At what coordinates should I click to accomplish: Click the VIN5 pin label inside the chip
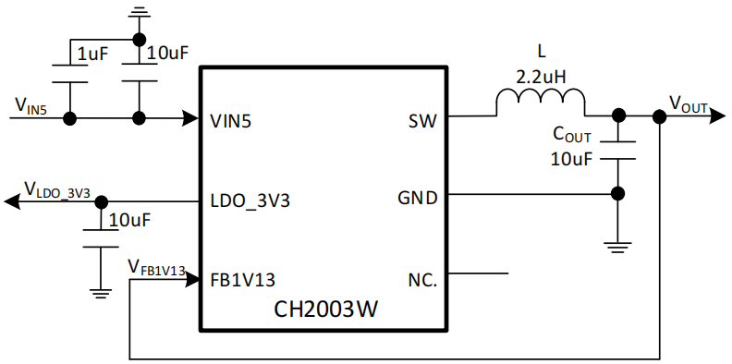[231, 121]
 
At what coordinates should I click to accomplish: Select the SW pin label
[422, 121]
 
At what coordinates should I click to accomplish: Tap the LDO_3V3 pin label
[250, 201]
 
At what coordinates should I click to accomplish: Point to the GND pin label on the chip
[418, 199]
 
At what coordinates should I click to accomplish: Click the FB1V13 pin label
[243, 280]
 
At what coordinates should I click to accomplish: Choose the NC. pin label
[423, 280]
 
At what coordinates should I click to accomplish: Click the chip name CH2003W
[325, 309]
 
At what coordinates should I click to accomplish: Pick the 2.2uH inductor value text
[541, 76]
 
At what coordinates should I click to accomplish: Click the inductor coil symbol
[540, 102]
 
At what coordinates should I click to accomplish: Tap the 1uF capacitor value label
[92, 55]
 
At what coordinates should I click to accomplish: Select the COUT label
[572, 134]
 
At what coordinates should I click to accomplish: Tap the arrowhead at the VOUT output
[717, 116]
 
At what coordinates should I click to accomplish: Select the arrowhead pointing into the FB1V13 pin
[191, 280]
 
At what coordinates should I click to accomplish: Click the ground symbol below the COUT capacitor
[617, 248]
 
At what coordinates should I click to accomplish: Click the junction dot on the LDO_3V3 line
[101, 202]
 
